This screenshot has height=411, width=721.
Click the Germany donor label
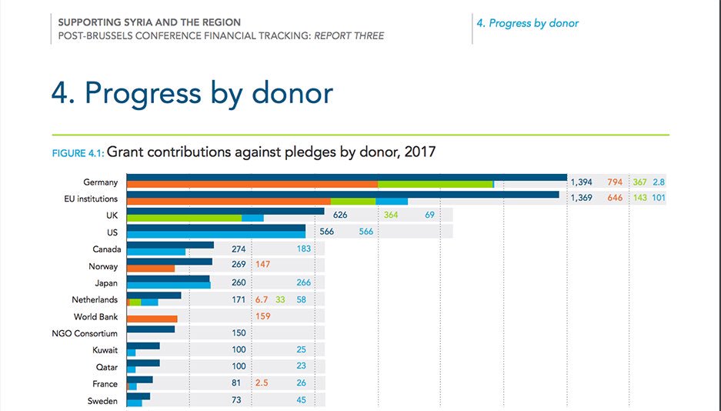pos(100,182)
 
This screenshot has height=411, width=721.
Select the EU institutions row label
pos(91,199)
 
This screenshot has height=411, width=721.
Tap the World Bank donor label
pos(95,317)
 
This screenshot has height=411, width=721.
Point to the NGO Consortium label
pos(85,333)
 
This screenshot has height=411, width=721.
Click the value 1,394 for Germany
pos(581,182)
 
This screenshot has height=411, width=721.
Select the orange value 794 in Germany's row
pos(615,182)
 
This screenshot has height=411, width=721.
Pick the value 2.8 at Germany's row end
pos(659,182)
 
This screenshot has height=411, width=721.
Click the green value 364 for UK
pos(391,215)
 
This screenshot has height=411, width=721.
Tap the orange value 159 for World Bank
pos(262,316)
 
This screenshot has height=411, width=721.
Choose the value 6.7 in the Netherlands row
pos(261,299)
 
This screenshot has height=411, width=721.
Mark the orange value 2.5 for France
pos(262,384)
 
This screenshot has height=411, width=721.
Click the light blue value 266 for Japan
pos(303,282)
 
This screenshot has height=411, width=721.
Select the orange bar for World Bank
pos(152,319)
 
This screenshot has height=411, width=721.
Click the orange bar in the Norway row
pos(151,269)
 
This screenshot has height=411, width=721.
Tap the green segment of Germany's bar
pos(435,185)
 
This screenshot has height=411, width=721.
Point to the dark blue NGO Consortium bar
pos(151,329)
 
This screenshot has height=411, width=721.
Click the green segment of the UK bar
pos(184,218)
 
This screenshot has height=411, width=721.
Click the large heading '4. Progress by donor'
pos(192,92)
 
